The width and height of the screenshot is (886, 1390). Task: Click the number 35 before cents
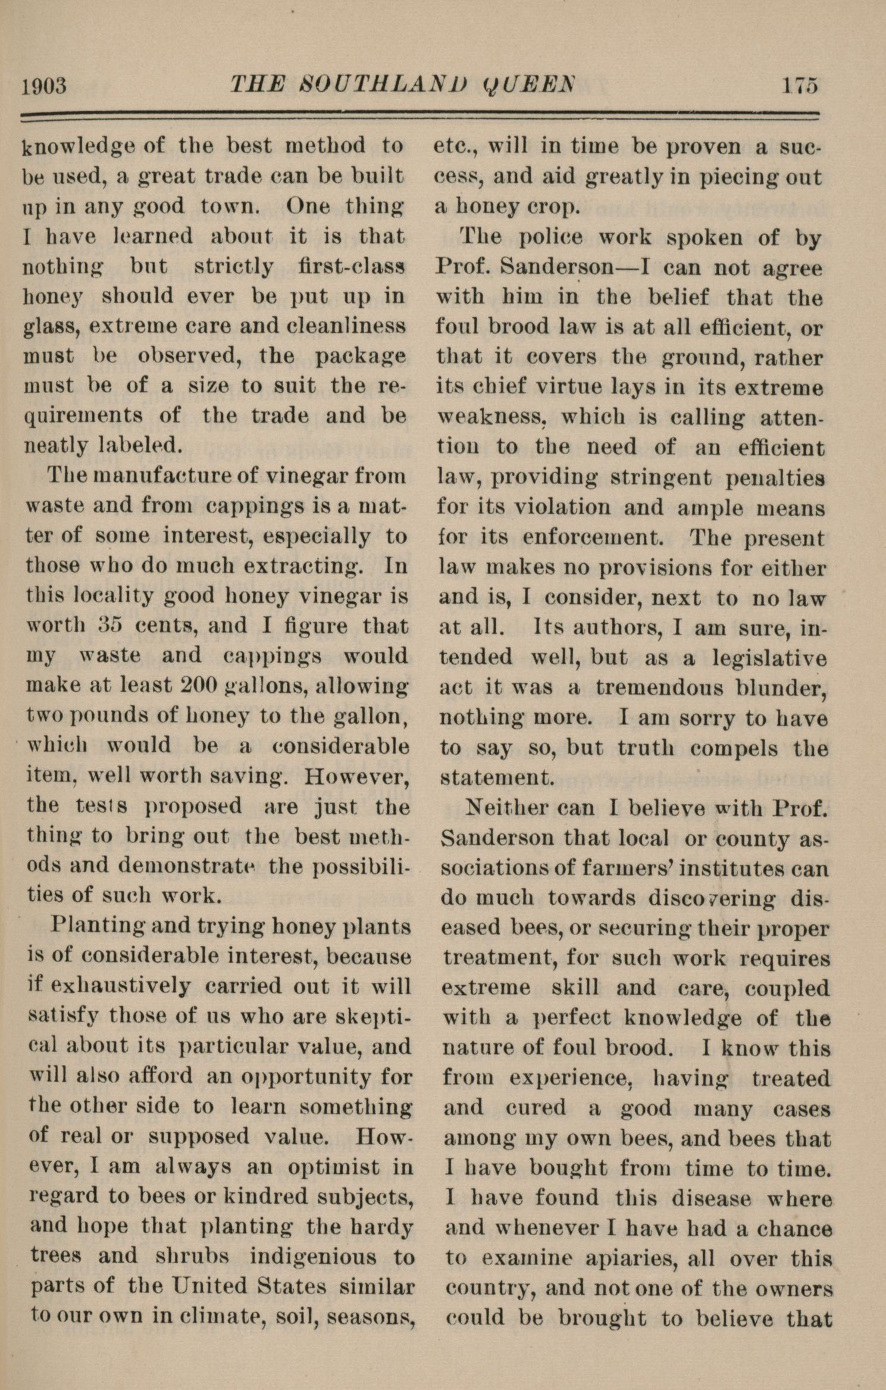(110, 626)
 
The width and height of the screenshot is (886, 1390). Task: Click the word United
(204, 1286)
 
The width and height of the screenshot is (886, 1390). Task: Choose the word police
(551, 239)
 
